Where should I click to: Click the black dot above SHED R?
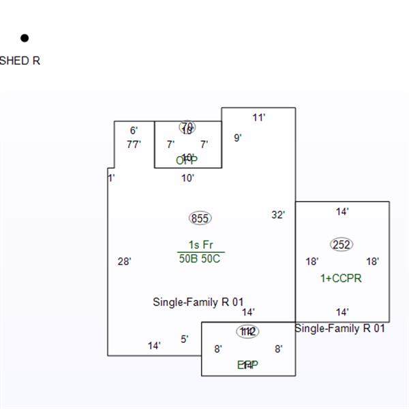click(25, 38)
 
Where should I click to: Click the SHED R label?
click(20, 61)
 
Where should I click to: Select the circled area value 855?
click(200, 218)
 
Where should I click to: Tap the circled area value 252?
click(342, 245)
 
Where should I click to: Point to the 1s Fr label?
click(200, 245)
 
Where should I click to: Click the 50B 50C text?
click(200, 258)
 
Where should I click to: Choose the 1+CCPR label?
click(341, 278)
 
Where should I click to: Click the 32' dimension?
click(278, 215)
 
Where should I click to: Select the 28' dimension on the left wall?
click(124, 261)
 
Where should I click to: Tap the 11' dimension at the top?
click(258, 117)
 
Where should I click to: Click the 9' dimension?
click(238, 138)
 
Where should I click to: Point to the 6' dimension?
click(134, 130)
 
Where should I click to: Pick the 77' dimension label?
click(134, 144)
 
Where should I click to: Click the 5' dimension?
click(185, 339)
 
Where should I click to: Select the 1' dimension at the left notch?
click(112, 178)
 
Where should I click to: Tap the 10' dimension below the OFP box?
click(187, 178)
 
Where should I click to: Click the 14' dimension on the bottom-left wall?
click(154, 346)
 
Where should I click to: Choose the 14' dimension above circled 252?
click(342, 212)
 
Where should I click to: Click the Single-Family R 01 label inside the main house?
click(198, 301)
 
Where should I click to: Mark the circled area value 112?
click(247, 331)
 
